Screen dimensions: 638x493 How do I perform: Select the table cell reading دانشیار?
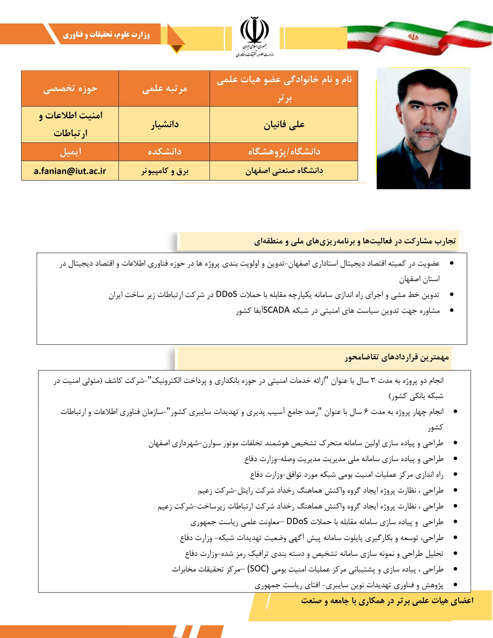pos(165,125)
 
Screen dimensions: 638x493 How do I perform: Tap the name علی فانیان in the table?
pos(284,125)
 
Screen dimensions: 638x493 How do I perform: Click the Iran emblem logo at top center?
pos(255,31)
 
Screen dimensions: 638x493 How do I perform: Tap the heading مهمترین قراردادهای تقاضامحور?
pos(397,357)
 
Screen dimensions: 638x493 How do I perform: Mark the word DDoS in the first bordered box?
pos(226,294)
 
